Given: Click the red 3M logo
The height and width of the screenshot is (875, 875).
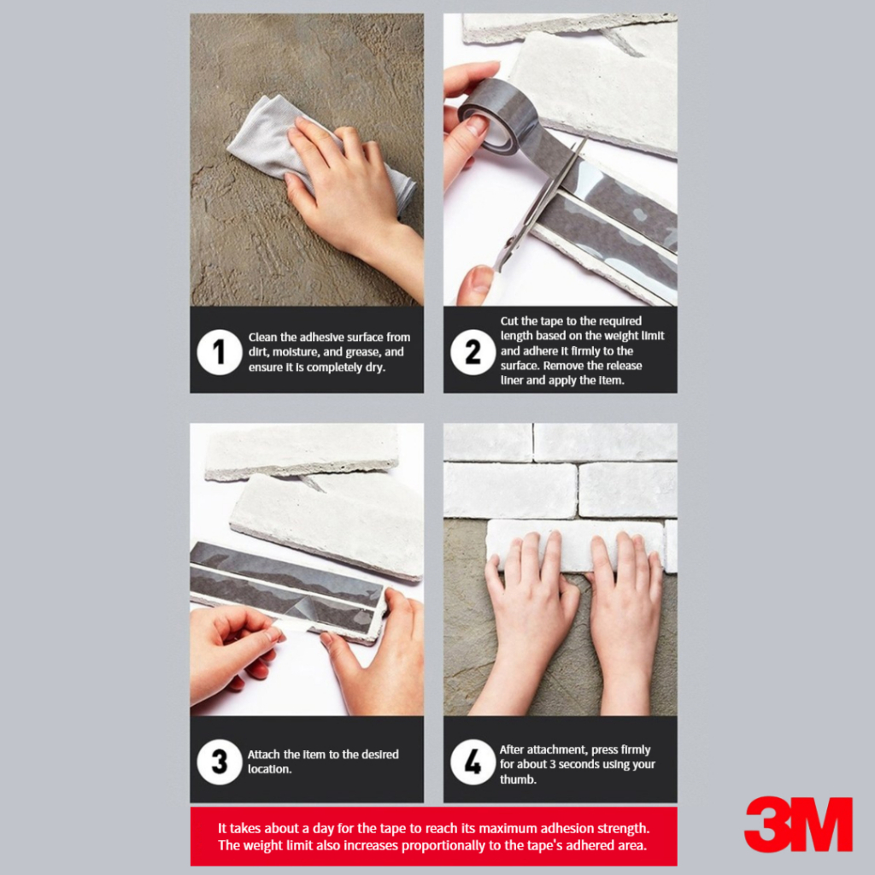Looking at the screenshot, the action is click(799, 825).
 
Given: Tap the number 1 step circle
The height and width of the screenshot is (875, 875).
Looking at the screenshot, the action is click(220, 352).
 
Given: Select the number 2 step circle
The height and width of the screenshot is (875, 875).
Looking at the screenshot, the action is click(473, 352).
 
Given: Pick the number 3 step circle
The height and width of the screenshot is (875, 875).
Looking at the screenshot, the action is click(220, 761).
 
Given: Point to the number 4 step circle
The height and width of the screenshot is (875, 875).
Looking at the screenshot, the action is click(473, 761).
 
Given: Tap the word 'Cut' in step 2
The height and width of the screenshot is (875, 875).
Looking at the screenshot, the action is click(509, 321).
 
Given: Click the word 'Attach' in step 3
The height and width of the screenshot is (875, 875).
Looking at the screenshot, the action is click(263, 755).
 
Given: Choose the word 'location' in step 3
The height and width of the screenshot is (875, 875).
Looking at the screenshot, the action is click(268, 769).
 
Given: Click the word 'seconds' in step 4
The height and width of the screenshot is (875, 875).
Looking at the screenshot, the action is click(580, 765).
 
